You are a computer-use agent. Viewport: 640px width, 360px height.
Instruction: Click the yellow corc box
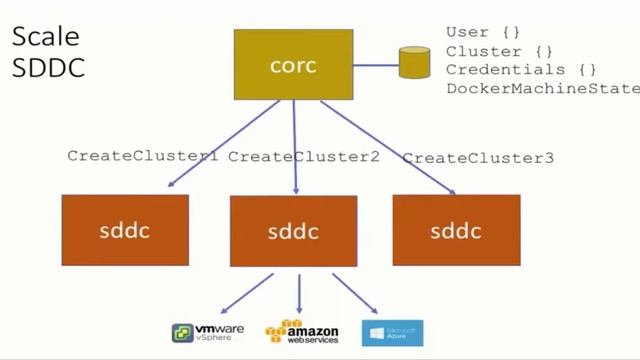pyautogui.click(x=293, y=64)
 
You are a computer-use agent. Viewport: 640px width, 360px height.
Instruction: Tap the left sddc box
pyautogui.click(x=124, y=229)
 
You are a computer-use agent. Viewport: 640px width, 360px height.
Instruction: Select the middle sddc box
pyautogui.click(x=293, y=231)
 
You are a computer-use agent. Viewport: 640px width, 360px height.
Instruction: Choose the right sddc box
pyautogui.click(x=456, y=229)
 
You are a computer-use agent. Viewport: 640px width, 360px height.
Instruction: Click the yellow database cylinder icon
pyautogui.click(x=414, y=63)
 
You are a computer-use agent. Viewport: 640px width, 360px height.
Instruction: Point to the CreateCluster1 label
pyautogui.click(x=142, y=156)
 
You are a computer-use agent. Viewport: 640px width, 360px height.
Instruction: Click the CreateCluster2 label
pyautogui.click(x=304, y=157)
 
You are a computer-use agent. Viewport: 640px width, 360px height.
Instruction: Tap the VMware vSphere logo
pyautogui.click(x=208, y=332)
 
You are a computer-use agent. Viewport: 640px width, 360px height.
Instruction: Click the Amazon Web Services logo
pyautogui.click(x=302, y=332)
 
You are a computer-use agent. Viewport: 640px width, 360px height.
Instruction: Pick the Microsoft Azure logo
pyautogui.click(x=392, y=332)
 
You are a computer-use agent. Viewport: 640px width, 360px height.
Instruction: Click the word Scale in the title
pyautogui.click(x=45, y=38)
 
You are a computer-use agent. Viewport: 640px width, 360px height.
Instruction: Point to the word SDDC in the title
pyautogui.click(x=48, y=68)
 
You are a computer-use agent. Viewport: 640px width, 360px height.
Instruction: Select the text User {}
pyautogui.click(x=483, y=33)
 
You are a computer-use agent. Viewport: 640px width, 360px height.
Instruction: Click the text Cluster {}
pyautogui.click(x=498, y=51)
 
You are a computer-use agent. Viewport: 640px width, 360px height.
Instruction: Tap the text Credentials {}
pyautogui.click(x=521, y=69)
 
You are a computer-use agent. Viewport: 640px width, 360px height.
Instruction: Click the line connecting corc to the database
pyautogui.click(x=376, y=65)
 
